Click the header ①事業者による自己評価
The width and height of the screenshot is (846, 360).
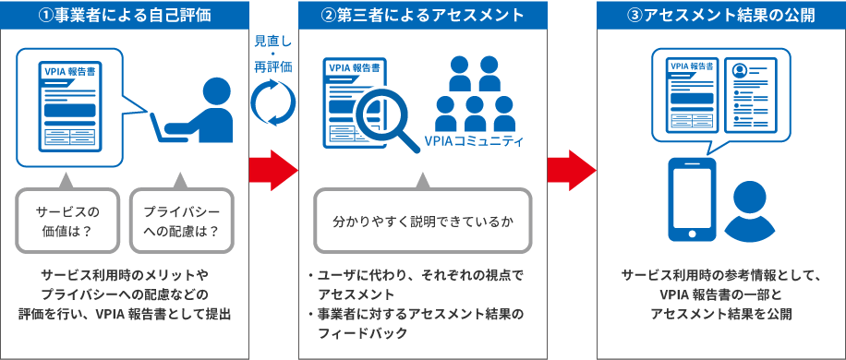[x=125, y=15]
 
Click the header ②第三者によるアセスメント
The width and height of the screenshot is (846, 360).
[x=423, y=15]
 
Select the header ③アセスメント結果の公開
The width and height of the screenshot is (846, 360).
[x=721, y=15]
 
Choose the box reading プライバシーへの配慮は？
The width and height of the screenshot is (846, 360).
[x=181, y=221]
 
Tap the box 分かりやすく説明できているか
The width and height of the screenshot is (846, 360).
[x=423, y=222]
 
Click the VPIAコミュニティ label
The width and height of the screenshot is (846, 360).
[x=473, y=142]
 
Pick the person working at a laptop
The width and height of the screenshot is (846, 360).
[x=199, y=111]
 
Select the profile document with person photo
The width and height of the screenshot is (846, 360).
[x=754, y=93]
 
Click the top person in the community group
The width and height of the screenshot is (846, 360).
[x=474, y=71]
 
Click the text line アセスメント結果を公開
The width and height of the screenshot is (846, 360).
[x=720, y=314]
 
